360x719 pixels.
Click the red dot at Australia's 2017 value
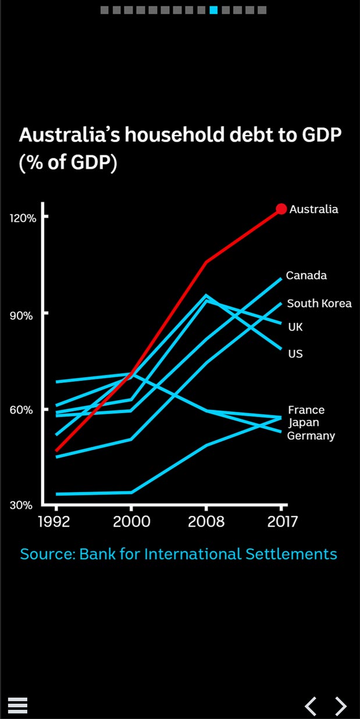(x=281, y=209)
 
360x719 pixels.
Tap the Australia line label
(x=313, y=209)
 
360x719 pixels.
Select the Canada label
(x=306, y=275)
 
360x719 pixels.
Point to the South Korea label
(x=319, y=303)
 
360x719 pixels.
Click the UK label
(x=295, y=327)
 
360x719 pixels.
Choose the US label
(x=295, y=353)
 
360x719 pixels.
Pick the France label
(x=306, y=410)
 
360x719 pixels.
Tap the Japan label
(x=304, y=423)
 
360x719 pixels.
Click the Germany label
(x=311, y=436)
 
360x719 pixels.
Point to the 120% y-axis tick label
(x=23, y=218)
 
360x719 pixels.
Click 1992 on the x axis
(x=54, y=521)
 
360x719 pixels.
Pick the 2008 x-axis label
(x=206, y=521)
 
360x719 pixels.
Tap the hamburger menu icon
(x=18, y=705)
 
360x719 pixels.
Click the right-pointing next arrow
(x=341, y=706)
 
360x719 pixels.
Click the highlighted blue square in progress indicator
(x=213, y=10)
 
